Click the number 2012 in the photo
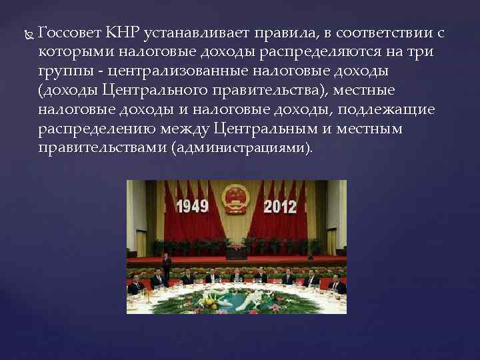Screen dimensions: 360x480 point(280,205)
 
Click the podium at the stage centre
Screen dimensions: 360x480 point(237,252)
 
